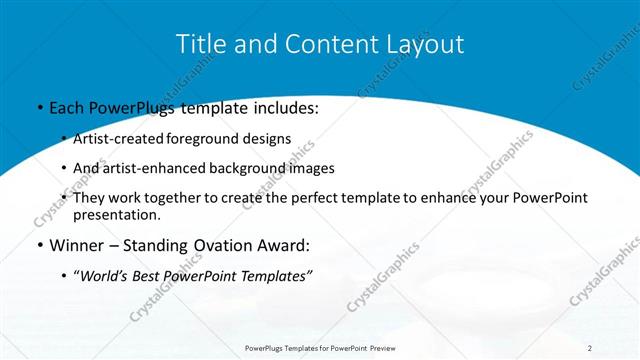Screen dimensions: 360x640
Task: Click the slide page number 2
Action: (590, 347)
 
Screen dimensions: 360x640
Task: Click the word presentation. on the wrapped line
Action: (116, 214)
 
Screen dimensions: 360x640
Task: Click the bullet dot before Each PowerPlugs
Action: (38, 107)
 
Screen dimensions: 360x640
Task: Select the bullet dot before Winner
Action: (38, 245)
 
